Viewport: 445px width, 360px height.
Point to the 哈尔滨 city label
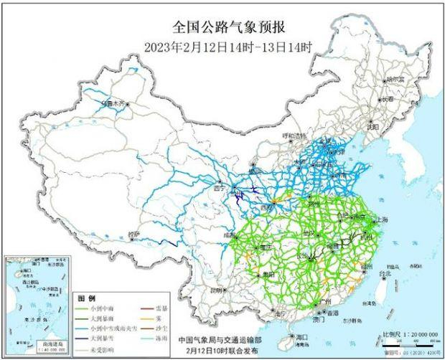[395, 80]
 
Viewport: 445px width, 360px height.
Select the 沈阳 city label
[372, 125]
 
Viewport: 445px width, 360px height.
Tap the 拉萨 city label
[133, 235]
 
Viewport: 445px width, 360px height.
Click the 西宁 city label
[222, 189]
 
